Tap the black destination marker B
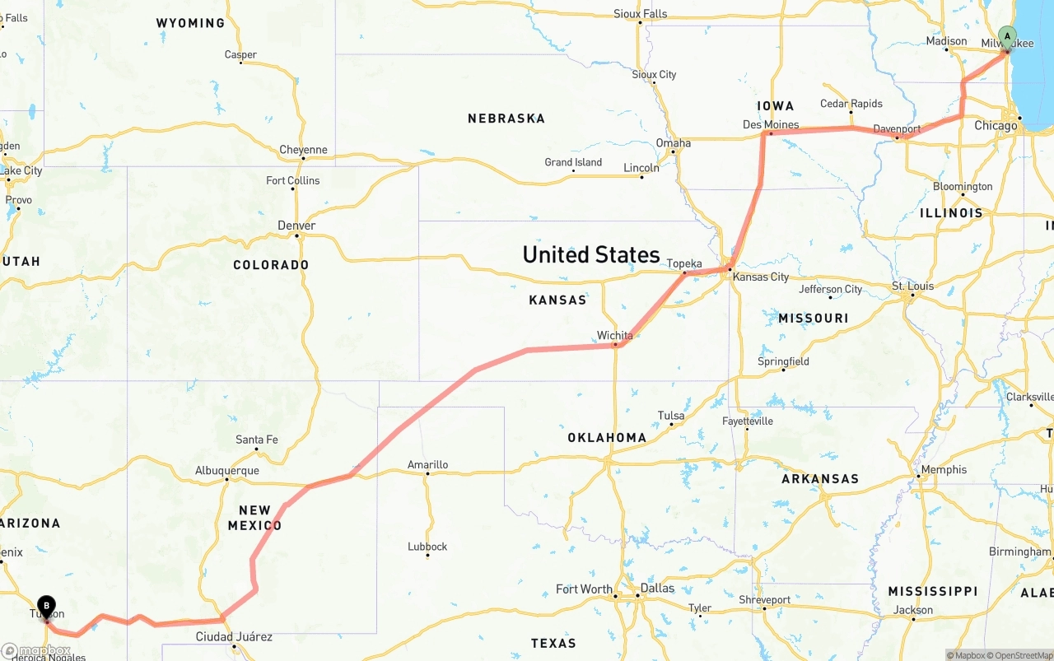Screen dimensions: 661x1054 click(x=47, y=607)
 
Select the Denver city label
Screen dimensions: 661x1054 click(x=296, y=226)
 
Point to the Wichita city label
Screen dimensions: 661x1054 click(x=615, y=335)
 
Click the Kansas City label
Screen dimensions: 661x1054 click(x=761, y=277)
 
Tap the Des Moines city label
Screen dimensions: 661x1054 click(x=771, y=125)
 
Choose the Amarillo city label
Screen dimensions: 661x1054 click(x=428, y=465)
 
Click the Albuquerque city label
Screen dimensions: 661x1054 click(x=227, y=471)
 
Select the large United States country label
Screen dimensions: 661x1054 click(x=591, y=254)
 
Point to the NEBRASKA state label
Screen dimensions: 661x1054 click(x=506, y=119)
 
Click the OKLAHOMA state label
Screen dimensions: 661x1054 click(x=607, y=438)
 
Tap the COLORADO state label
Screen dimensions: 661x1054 click(x=271, y=265)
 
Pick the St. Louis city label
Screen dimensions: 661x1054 click(x=913, y=286)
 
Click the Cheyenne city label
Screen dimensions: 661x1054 click(x=303, y=150)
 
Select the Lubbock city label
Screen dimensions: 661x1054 click(x=427, y=547)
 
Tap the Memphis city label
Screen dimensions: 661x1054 click(x=944, y=469)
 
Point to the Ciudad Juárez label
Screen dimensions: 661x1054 click(x=234, y=636)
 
